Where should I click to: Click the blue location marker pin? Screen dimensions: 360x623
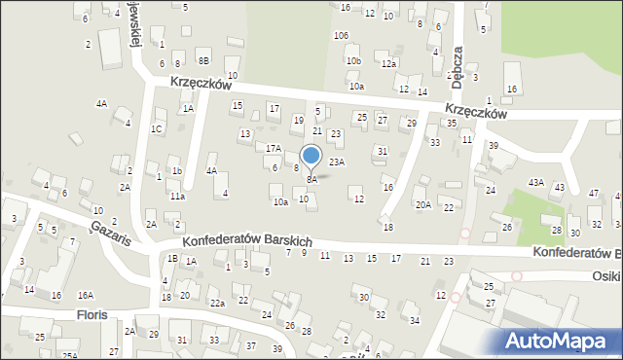pos(311,156)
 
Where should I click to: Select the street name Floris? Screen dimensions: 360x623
pos(92,315)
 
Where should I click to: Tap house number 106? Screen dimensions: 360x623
pos(341,36)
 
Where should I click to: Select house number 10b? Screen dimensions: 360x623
pos(353,61)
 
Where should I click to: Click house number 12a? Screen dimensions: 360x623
pos(389,63)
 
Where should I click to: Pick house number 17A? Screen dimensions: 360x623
pos(274,149)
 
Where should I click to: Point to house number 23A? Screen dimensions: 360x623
pos(337,162)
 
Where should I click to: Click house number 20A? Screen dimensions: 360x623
pos(422,204)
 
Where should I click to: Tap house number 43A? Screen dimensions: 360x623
pos(535,183)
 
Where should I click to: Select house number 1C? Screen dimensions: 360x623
pos(156,128)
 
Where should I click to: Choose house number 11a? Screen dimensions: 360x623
pos(176,196)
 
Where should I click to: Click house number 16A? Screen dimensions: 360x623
pos(86,295)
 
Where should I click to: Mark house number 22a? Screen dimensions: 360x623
pos(218,304)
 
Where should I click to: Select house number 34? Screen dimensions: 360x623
pos(414,320)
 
